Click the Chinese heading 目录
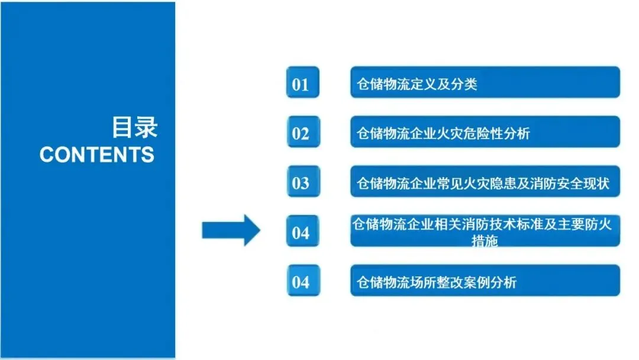134,127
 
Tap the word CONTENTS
97,155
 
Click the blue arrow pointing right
231,230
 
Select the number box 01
302,83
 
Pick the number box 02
302,133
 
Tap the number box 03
302,183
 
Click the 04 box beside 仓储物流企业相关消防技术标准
302,232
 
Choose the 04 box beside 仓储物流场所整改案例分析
302,281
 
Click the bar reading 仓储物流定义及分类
485,83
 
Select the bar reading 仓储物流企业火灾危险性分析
485,132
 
